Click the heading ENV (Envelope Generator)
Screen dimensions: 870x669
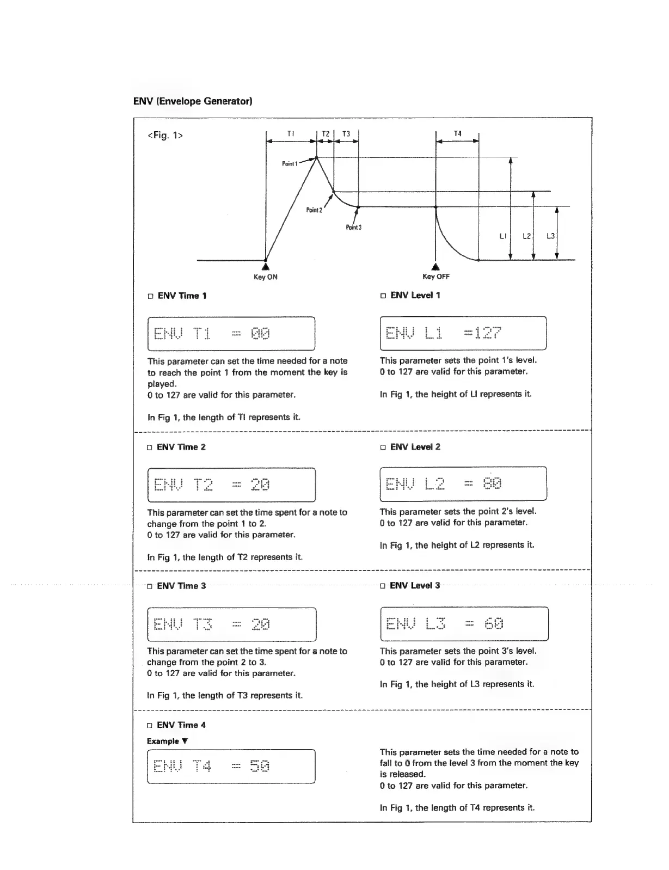(192, 101)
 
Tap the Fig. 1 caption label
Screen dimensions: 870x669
(165, 136)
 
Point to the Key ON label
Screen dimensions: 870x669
(265, 277)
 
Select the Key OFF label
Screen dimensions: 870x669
(436, 277)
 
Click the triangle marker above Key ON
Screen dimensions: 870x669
(265, 267)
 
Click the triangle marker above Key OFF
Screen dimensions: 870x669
(435, 267)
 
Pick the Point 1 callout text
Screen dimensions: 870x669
(290, 163)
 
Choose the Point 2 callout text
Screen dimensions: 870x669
(314, 210)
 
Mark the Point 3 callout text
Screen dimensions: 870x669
(353, 227)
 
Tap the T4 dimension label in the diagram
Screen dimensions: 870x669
(457, 134)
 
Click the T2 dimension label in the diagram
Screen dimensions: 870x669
(326, 134)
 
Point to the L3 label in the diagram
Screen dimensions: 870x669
(550, 236)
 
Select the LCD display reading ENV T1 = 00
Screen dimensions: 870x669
(231, 333)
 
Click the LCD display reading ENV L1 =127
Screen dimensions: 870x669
(463, 333)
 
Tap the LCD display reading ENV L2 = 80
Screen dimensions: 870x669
(463, 483)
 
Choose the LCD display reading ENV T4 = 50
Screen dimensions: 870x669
(231, 767)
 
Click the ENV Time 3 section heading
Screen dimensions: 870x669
(181, 586)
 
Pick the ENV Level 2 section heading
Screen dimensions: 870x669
(415, 447)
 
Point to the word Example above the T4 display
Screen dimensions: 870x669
(163, 741)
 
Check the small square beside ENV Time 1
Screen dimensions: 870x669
(151, 296)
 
